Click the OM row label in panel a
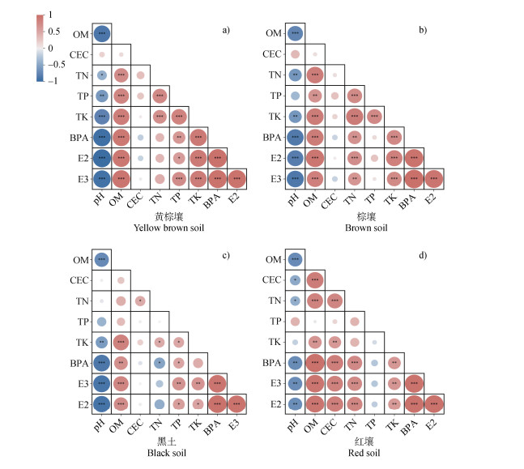(x=82, y=33)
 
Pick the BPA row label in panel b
(x=275, y=136)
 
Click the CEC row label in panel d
(x=275, y=280)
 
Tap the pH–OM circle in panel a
(x=102, y=33)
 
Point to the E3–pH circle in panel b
(x=296, y=177)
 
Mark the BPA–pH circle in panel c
(x=102, y=362)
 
